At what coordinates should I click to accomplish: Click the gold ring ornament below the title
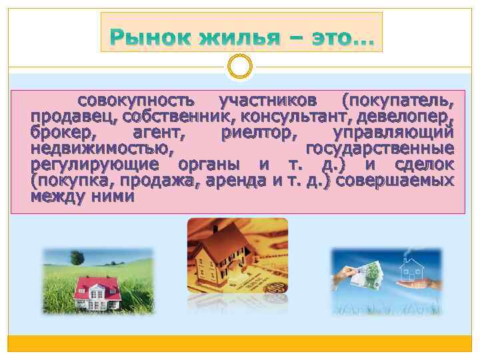[x=239, y=67]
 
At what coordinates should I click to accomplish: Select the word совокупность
[x=137, y=101]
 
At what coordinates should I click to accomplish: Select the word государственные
[x=380, y=148]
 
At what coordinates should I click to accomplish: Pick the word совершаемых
[x=397, y=180]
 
